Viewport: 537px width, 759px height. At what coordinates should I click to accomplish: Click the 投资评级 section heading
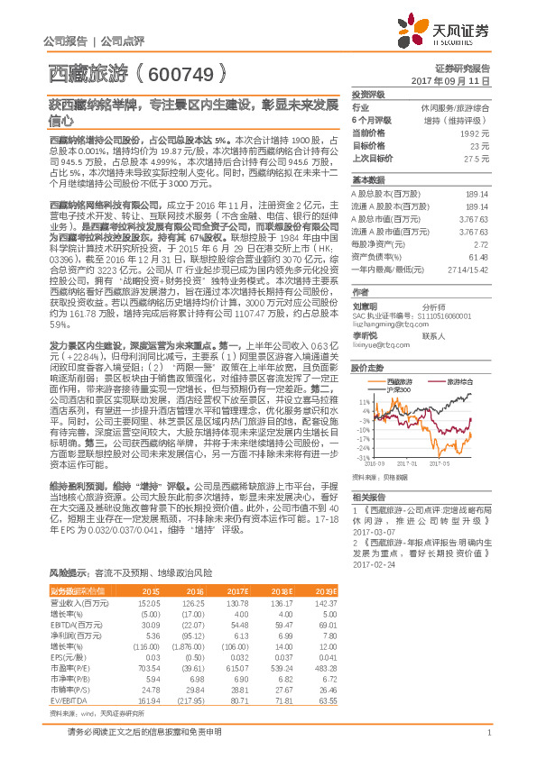(x=367, y=94)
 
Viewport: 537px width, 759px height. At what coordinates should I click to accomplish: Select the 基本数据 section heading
(x=367, y=178)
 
